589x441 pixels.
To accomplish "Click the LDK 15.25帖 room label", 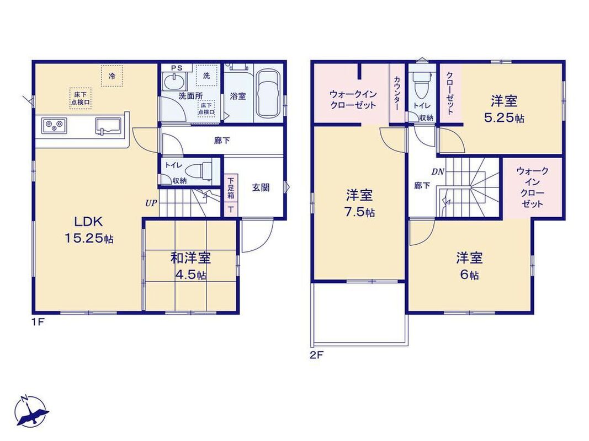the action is (89, 229).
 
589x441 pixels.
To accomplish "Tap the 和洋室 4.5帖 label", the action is (191, 266).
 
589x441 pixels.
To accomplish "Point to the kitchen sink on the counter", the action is (108, 126).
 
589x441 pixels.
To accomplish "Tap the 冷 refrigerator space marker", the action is (112, 76).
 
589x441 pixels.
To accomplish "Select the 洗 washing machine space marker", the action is (206, 76).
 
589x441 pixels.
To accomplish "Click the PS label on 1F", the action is (177, 68).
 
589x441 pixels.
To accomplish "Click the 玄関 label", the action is (261, 187).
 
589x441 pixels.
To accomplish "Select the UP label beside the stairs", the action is (151, 203).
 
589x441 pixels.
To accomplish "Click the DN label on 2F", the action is (438, 172).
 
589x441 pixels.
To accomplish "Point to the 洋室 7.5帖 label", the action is (359, 203).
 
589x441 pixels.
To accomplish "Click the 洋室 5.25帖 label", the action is (504, 109).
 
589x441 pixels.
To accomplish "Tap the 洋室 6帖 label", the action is (470, 266).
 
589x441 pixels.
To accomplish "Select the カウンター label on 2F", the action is (397, 93).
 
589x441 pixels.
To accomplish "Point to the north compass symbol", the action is (31, 411).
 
